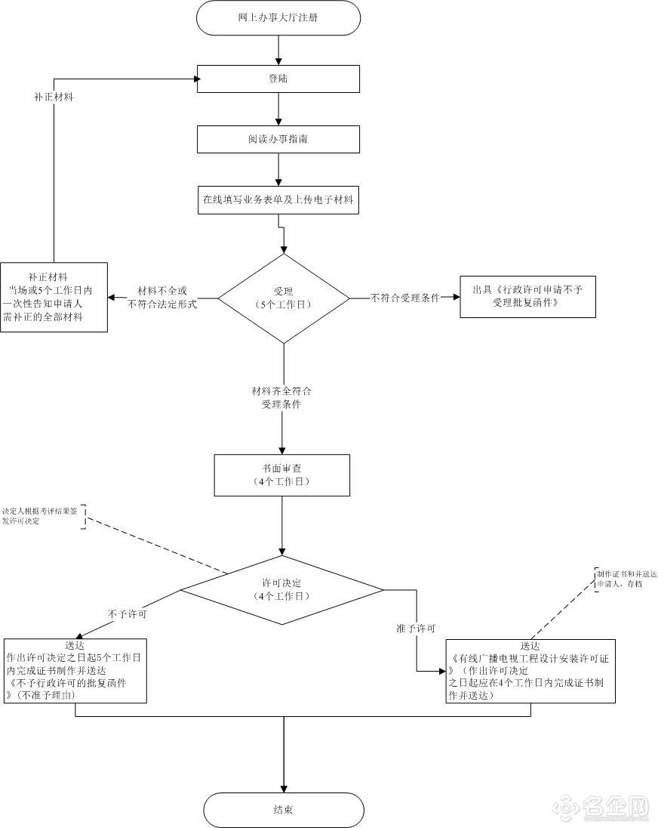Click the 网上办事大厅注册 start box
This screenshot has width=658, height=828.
coord(278,17)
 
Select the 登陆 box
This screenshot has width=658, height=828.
coord(278,79)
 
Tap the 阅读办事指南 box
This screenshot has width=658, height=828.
coord(278,139)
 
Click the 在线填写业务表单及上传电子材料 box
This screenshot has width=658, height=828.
coord(278,200)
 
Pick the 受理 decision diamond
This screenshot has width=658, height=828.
coord(283,298)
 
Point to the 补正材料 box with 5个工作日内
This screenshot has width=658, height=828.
coord(54,297)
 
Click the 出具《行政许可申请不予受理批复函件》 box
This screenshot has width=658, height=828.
coord(527,295)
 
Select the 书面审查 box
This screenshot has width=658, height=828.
coord(282,474)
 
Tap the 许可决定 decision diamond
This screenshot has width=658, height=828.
coord(282,589)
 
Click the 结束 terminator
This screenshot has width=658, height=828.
coord(283,809)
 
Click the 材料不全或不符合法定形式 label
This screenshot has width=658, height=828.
coord(162,298)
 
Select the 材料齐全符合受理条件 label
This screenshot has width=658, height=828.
coord(281,398)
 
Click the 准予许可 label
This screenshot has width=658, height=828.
coord(416,628)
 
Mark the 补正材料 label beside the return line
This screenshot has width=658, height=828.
coord(54,97)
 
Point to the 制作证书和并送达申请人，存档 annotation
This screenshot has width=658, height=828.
coord(626,579)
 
